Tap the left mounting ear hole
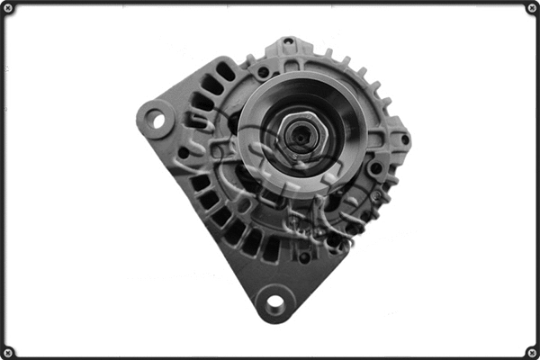point(156,118)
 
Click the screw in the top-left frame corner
point(9,9)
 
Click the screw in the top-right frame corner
point(531,9)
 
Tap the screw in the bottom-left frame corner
point(9,351)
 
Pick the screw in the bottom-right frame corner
point(531,351)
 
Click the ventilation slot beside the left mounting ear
point(193,120)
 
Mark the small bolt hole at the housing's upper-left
point(263,71)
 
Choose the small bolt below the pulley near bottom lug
point(304,256)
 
